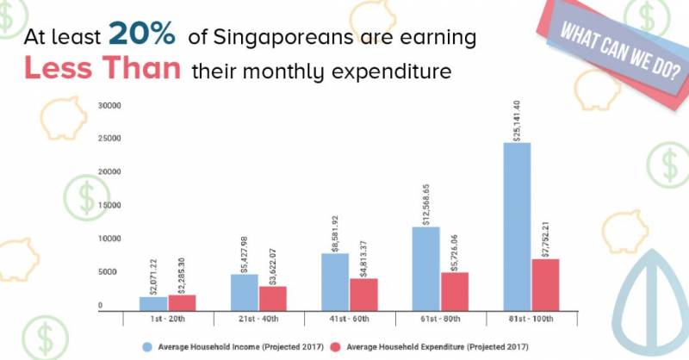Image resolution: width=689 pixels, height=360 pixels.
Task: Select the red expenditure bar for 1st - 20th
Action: (x=182, y=302)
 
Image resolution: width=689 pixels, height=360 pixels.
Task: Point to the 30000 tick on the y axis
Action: (x=109, y=106)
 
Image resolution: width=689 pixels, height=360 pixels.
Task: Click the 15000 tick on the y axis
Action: (x=109, y=205)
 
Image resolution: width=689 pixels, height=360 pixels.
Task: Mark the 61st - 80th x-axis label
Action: (x=440, y=320)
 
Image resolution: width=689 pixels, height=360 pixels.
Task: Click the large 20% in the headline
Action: (x=142, y=34)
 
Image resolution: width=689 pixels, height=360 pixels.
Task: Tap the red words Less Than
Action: (x=102, y=70)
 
